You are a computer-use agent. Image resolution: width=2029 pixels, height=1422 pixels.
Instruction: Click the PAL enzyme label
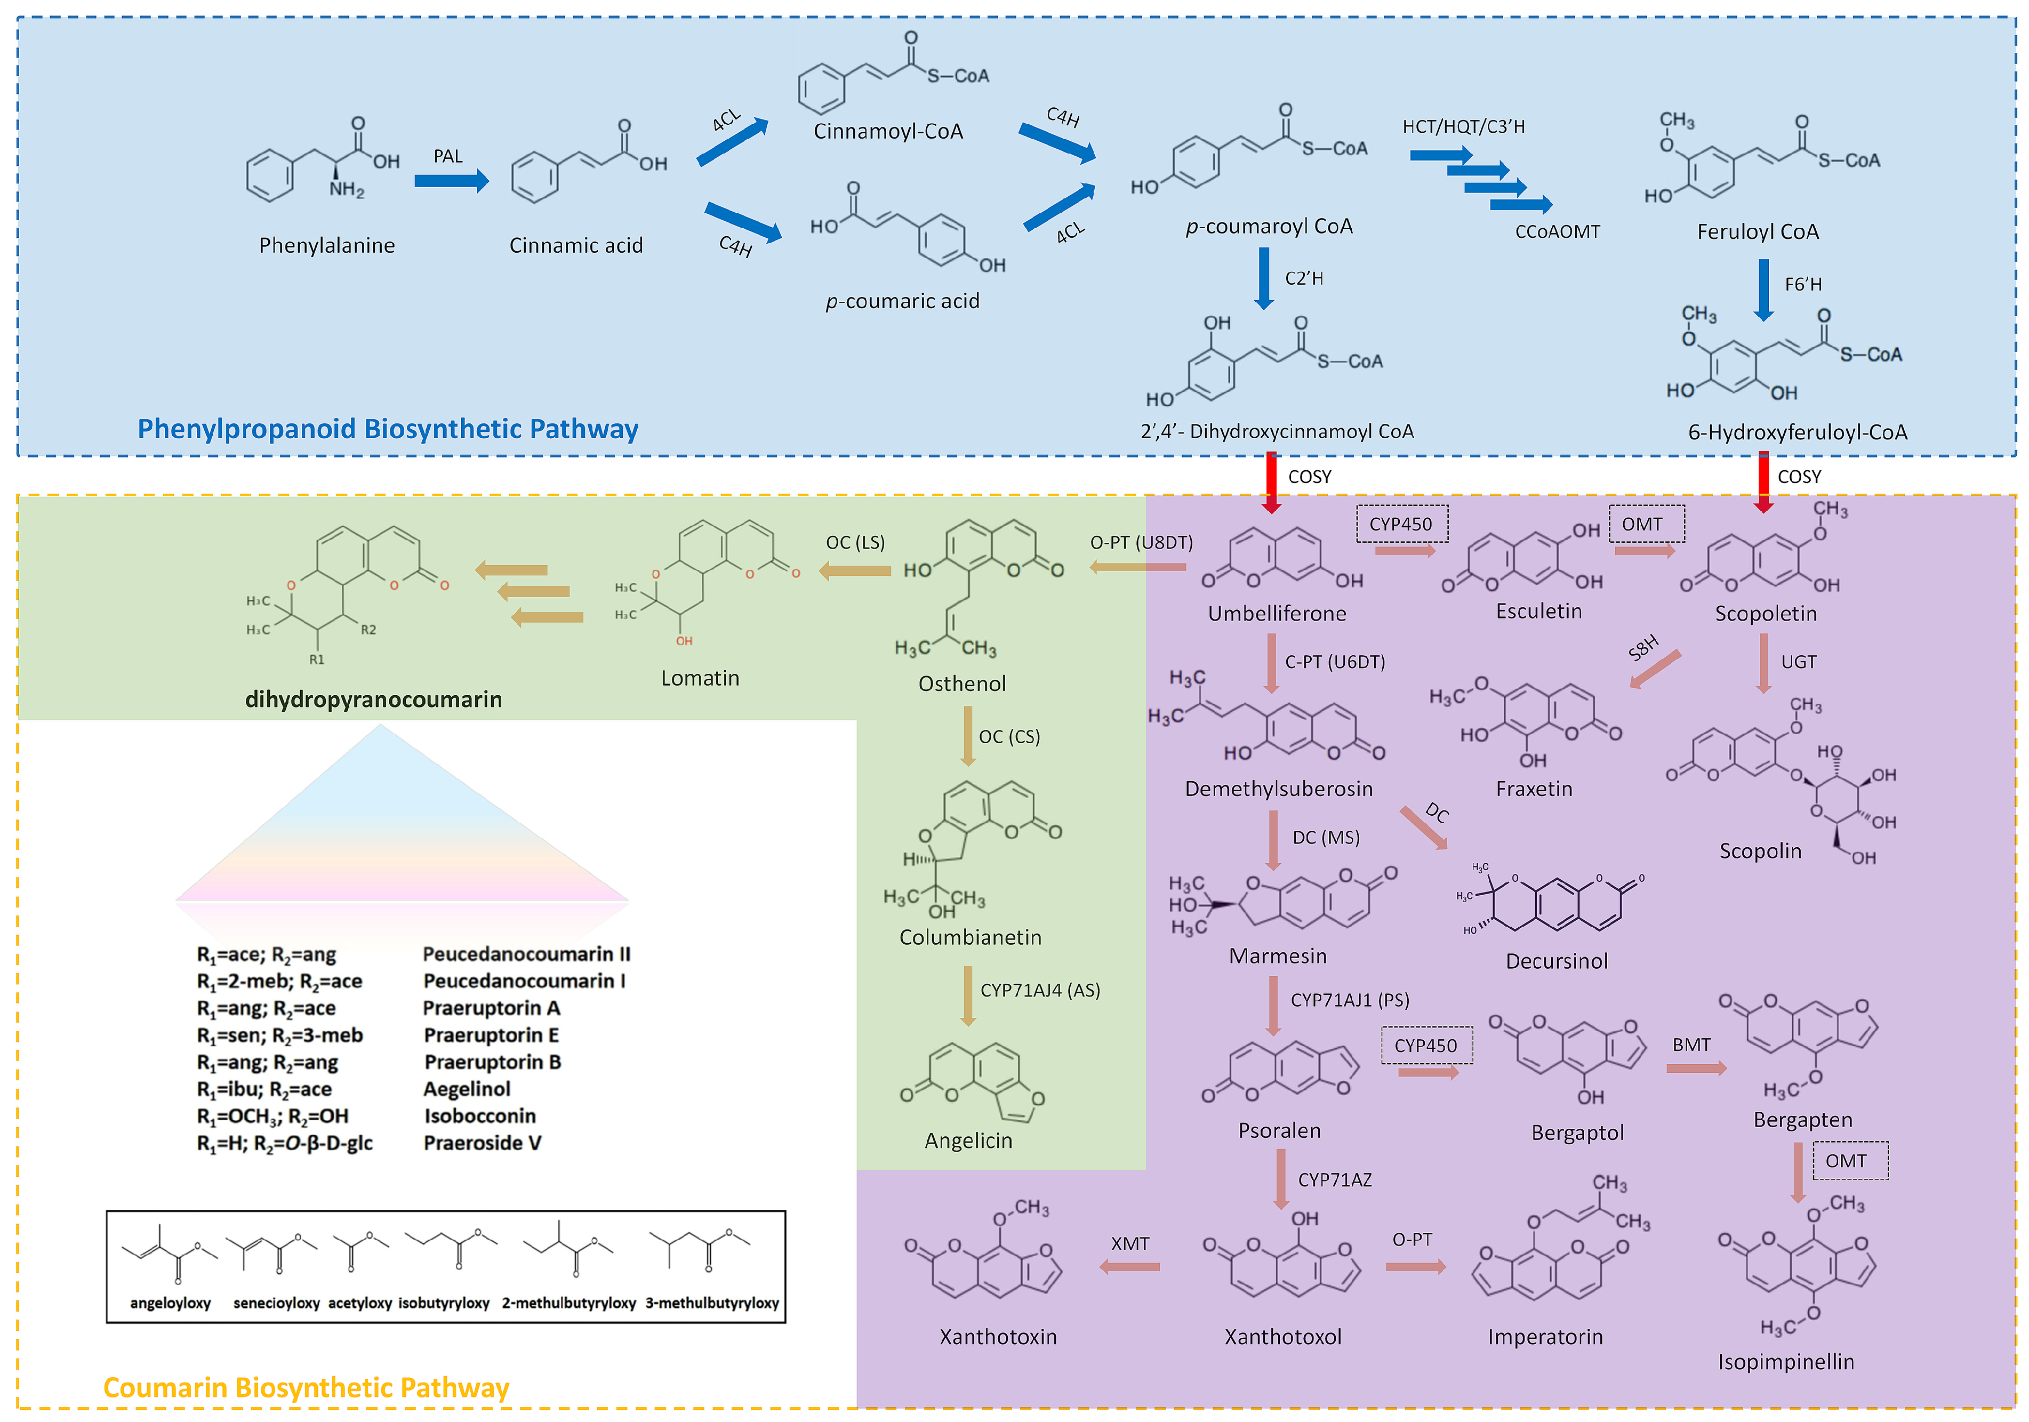(x=448, y=156)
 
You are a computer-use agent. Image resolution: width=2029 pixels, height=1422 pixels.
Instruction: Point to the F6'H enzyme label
(x=1803, y=284)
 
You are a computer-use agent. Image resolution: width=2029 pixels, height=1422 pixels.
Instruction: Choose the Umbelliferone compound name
(x=1277, y=613)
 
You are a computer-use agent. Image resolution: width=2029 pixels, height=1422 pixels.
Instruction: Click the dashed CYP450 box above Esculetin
(x=1401, y=524)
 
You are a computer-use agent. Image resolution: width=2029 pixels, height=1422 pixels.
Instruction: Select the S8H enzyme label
(x=1643, y=648)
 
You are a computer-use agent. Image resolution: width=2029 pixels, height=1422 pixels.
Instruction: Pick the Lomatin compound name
(x=700, y=678)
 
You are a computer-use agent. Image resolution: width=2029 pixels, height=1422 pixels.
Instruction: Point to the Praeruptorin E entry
(x=491, y=1035)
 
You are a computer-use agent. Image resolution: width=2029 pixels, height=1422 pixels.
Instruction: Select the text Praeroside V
(x=483, y=1143)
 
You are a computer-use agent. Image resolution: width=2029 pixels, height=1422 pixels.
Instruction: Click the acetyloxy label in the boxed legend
(x=359, y=1303)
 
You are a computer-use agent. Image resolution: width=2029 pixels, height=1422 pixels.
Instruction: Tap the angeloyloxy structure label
(x=171, y=1303)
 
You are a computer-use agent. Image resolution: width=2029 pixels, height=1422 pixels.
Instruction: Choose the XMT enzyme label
(x=1130, y=1243)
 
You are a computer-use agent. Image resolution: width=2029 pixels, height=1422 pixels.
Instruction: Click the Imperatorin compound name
(x=1545, y=1336)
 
